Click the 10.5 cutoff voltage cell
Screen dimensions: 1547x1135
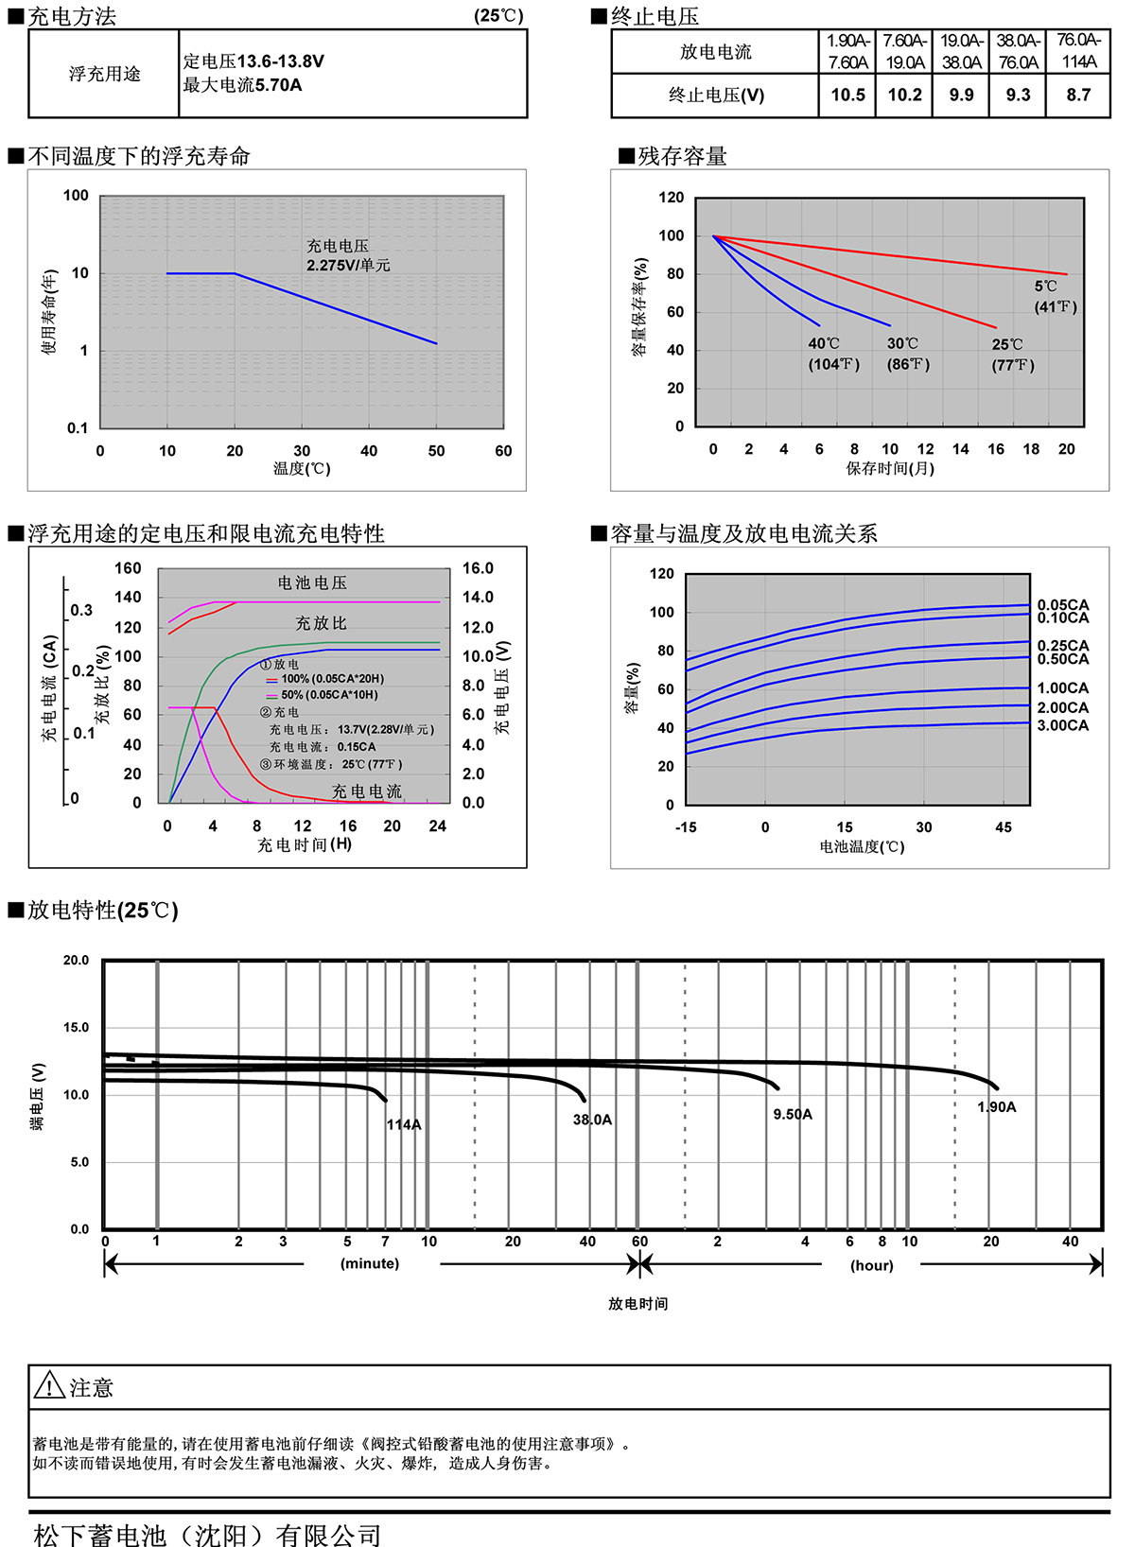pos(847,96)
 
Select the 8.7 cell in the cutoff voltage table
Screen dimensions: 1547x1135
pos(1078,96)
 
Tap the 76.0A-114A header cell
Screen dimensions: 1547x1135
pos(1078,51)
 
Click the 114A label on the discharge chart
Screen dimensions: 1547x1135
pos(404,1124)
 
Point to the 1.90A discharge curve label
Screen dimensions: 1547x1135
pos(997,1107)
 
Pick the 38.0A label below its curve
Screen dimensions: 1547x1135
pos(592,1120)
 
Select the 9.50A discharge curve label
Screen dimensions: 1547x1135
pos(793,1115)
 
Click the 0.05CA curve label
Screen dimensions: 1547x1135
pos(1063,605)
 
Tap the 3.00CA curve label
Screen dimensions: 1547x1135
pos(1063,725)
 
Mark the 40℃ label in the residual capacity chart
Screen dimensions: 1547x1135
pos(824,344)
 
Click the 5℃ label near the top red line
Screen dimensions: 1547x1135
pos(1045,287)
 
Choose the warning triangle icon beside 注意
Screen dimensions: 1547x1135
pos(49,1386)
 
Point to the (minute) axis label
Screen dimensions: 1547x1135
pos(370,1264)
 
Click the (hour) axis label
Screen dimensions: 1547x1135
pos(872,1265)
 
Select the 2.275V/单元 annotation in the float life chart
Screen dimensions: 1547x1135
pos(348,266)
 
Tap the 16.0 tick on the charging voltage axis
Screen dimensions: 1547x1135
pos(478,568)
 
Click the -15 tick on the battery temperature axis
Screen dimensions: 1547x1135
pos(686,827)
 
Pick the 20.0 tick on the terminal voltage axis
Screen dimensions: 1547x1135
pos(76,961)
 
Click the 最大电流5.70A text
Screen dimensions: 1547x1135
pos(243,85)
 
